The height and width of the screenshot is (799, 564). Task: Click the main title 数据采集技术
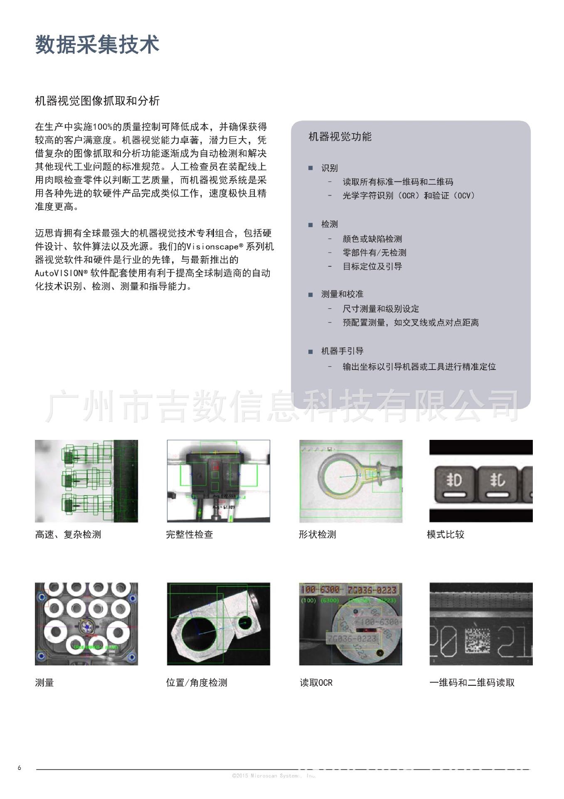point(97,45)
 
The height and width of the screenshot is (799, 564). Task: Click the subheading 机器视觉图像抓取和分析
point(97,101)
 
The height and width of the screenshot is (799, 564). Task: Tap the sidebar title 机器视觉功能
point(340,137)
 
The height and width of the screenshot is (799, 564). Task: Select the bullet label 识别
point(329,168)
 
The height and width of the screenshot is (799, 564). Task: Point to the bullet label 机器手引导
point(342,351)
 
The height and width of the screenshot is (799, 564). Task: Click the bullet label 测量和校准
point(342,294)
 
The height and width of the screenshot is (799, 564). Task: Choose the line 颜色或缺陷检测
point(372,239)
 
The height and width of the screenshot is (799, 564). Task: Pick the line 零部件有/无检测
point(374,253)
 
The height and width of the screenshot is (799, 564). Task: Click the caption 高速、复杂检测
point(68,535)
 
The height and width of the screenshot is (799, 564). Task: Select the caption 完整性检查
point(189,535)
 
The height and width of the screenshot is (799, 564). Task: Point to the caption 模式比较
point(445,535)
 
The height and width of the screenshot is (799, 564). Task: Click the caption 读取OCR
point(316,683)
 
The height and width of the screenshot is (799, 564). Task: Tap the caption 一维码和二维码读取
point(472,683)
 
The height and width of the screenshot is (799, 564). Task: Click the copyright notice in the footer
point(274,776)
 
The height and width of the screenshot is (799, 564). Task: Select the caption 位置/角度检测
point(197,683)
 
